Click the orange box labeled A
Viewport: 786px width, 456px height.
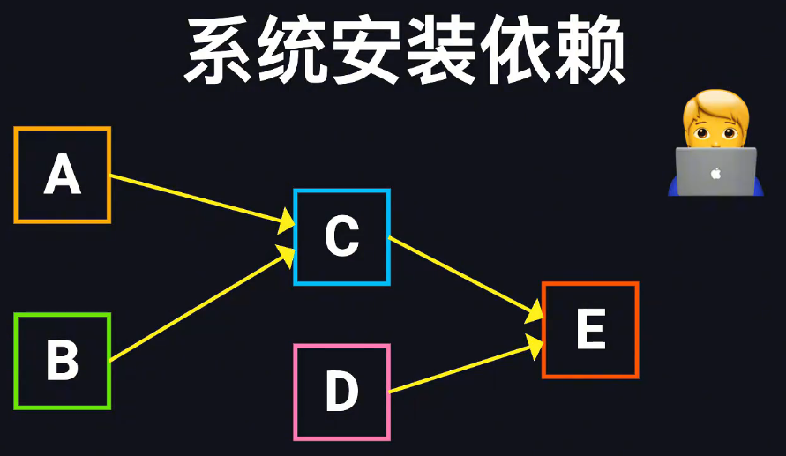[63, 175]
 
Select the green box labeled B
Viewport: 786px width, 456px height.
[63, 361]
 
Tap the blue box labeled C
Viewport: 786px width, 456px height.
[341, 236]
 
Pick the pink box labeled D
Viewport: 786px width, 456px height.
[341, 392]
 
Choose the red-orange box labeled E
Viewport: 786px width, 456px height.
[589, 330]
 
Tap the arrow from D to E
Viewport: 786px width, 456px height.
[463, 369]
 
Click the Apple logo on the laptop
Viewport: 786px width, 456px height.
[715, 173]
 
